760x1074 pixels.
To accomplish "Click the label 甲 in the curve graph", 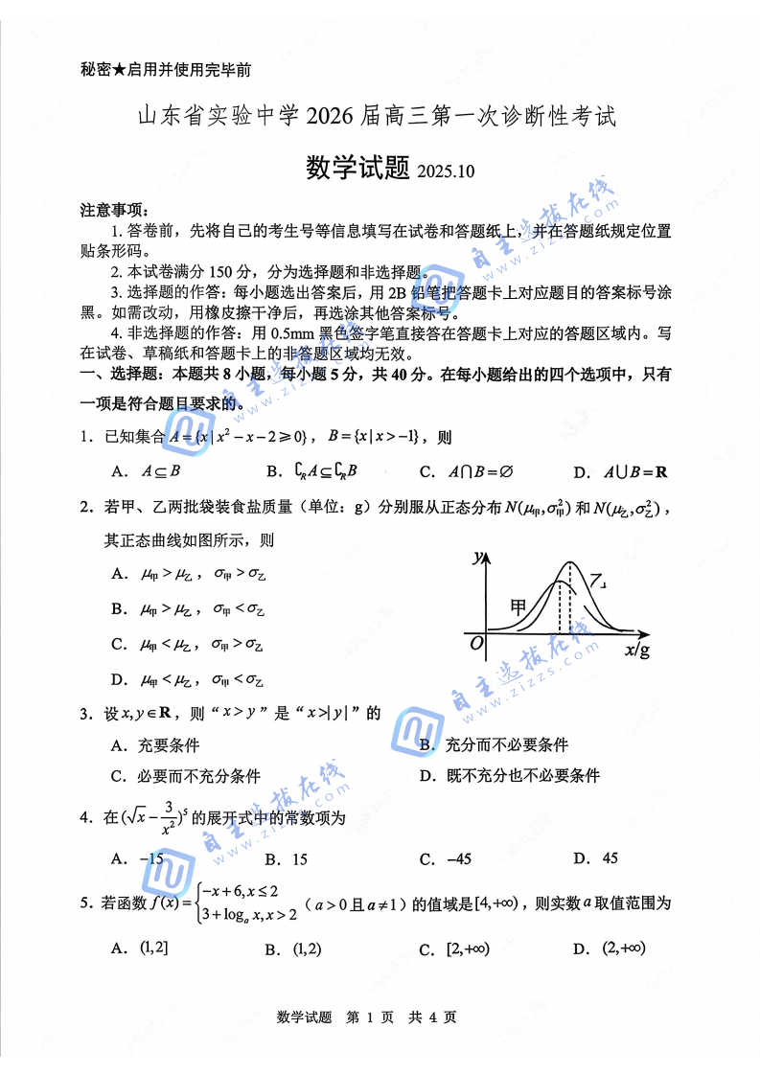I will point(518,607).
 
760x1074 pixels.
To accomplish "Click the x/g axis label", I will point(636,651).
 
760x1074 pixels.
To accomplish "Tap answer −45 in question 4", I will point(448,859).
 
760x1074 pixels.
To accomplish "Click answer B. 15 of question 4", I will point(287,859).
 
